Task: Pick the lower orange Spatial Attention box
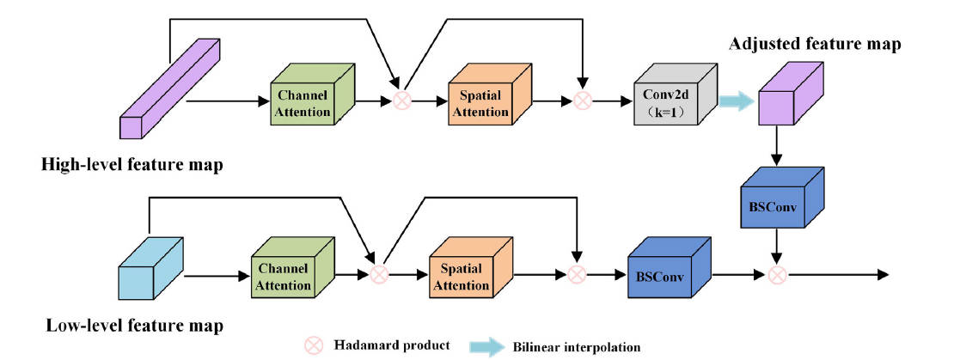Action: [461, 276]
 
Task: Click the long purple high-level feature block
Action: [170, 88]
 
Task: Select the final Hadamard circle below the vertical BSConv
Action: [777, 275]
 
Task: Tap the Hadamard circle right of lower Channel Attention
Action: [379, 275]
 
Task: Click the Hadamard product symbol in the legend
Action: [314, 345]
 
